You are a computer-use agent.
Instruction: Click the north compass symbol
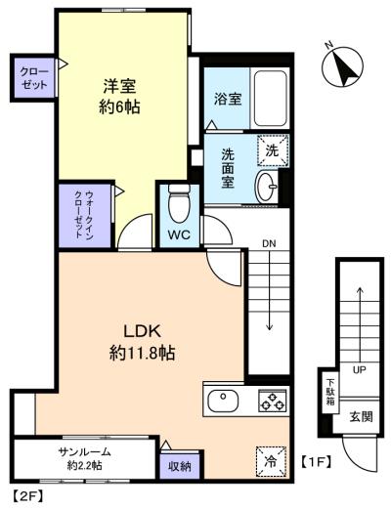pyautogui.click(x=342, y=66)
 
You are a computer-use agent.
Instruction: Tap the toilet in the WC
pyautogui.click(x=179, y=202)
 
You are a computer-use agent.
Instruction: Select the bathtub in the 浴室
pyautogui.click(x=270, y=99)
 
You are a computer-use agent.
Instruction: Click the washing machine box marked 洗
pyautogui.click(x=273, y=150)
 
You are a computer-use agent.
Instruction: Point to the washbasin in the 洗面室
pyautogui.click(x=267, y=187)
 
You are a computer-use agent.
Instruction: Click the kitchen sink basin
pyautogui.click(x=223, y=401)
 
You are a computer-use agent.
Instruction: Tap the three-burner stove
pyautogui.click(x=273, y=401)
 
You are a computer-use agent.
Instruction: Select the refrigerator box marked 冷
pyautogui.click(x=271, y=462)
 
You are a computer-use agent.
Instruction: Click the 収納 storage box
pyautogui.click(x=179, y=467)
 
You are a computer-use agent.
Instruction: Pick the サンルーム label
pyautogui.click(x=85, y=451)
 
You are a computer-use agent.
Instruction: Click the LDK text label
pyautogui.click(x=142, y=331)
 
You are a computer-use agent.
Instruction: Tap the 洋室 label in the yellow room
pyautogui.click(x=119, y=86)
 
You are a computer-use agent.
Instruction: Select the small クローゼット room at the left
pyautogui.click(x=34, y=78)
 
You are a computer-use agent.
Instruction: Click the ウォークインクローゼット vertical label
pyautogui.click(x=85, y=215)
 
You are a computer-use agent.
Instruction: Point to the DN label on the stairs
pyautogui.click(x=270, y=243)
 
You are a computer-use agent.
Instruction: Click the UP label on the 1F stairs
pyautogui.click(x=359, y=370)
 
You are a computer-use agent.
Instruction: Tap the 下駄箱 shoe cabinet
pyautogui.click(x=330, y=393)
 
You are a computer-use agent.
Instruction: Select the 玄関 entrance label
pyautogui.click(x=361, y=417)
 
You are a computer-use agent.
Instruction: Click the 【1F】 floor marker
pyautogui.click(x=316, y=461)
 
